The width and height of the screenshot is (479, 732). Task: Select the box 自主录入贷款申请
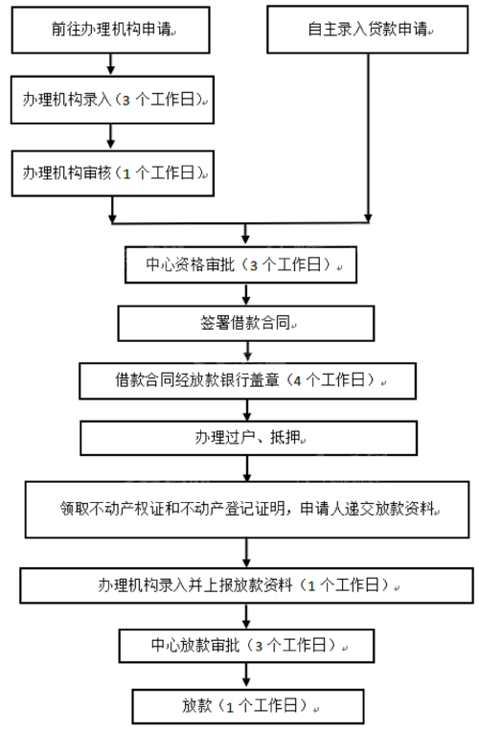tap(368, 31)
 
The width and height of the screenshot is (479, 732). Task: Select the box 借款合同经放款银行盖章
tap(247, 379)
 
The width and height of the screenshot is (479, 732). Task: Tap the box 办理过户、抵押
tap(247, 438)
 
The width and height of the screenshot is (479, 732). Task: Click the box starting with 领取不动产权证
tap(247, 508)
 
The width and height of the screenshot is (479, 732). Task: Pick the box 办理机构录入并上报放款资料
tap(247, 583)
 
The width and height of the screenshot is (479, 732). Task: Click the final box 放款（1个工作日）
tap(247, 706)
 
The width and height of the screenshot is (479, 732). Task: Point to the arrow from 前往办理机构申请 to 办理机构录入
tap(112, 65)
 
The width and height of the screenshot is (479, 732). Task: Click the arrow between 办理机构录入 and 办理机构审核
tap(112, 136)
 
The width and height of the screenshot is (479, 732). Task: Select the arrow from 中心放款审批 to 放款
tap(247, 675)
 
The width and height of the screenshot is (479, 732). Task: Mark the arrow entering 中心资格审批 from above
tap(247, 235)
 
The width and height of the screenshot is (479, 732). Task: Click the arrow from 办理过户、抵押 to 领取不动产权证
tap(247, 469)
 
